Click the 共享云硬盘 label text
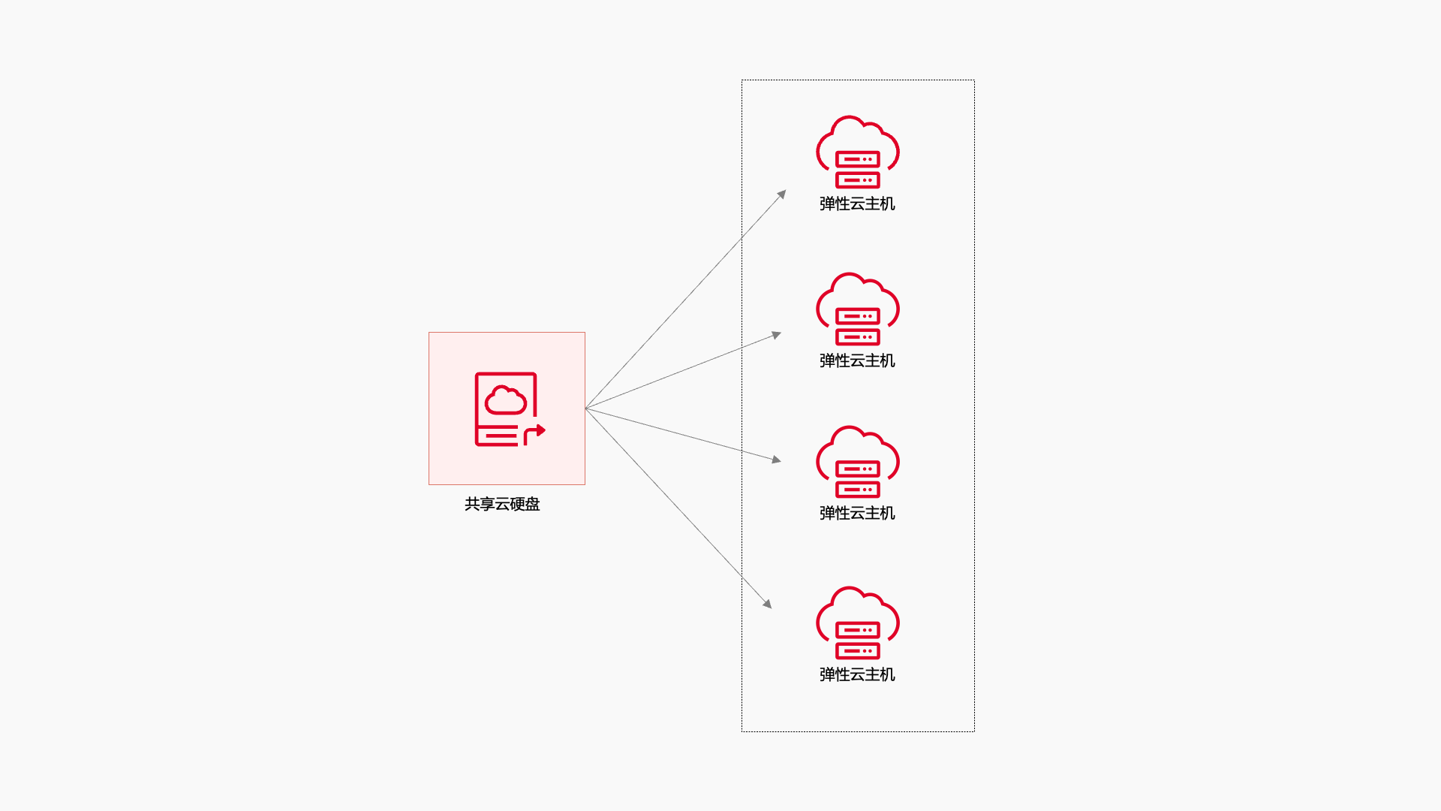[502, 504]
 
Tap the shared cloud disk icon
[507, 409]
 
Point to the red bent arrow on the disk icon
[535, 433]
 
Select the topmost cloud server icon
[858, 152]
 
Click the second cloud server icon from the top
[858, 309]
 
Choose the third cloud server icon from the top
[858, 462]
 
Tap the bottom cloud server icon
[858, 623]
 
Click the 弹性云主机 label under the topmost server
[857, 204]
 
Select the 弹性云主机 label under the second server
[857, 360]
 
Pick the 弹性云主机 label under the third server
[857, 513]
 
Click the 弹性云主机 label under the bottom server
[857, 674]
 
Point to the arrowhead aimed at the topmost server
[782, 194]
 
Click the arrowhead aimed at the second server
[778, 335]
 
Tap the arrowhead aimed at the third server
[777, 459]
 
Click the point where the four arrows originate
[586, 409]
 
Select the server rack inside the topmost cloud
[858, 170]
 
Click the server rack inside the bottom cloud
[858, 641]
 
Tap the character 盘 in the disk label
[533, 504]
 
